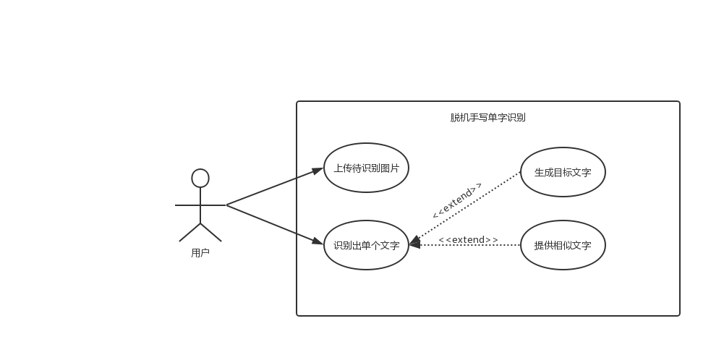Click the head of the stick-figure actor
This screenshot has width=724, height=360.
pyautogui.click(x=200, y=178)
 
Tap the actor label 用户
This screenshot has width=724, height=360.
pyautogui.click(x=200, y=253)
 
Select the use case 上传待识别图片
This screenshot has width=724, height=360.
pyautogui.click(x=366, y=168)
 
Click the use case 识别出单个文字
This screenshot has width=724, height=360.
pyautogui.click(x=366, y=245)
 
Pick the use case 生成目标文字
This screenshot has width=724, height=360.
pyautogui.click(x=563, y=172)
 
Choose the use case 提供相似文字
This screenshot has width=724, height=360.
pyautogui.click(x=563, y=245)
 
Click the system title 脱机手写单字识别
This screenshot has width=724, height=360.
pyautogui.click(x=487, y=117)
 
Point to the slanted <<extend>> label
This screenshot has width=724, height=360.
pyautogui.click(x=456, y=200)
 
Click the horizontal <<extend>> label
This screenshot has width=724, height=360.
pyautogui.click(x=468, y=239)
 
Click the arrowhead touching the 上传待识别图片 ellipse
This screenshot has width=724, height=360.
pyautogui.click(x=318, y=171)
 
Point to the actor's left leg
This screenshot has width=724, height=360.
pyautogui.click(x=189, y=233)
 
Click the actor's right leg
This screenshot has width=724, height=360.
pyautogui.click(x=211, y=233)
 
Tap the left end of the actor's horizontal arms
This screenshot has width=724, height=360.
pyautogui.click(x=177, y=205)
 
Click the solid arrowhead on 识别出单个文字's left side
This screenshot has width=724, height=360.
pyautogui.click(x=318, y=241)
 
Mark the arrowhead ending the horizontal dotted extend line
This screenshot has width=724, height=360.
pyautogui.click(x=414, y=245)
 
